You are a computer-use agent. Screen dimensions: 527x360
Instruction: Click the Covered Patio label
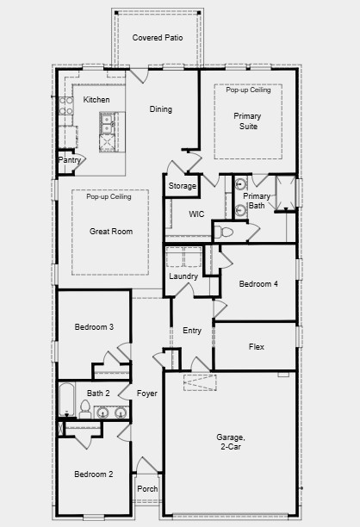(x=158, y=38)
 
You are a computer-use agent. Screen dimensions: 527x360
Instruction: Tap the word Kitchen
(x=96, y=101)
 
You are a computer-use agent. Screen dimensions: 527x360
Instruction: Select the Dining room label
(x=161, y=109)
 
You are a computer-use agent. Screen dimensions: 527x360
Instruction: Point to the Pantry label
(x=69, y=160)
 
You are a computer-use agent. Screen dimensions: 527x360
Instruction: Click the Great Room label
(x=111, y=232)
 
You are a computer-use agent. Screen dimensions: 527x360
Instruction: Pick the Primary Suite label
(x=248, y=121)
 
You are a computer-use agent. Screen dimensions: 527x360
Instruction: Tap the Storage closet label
(x=182, y=186)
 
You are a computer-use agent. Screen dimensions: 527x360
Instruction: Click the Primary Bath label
(x=257, y=201)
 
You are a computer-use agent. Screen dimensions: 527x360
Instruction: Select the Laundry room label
(x=183, y=276)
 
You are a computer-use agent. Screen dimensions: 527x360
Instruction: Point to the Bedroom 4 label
(x=258, y=283)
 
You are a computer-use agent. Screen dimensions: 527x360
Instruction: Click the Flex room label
(x=256, y=347)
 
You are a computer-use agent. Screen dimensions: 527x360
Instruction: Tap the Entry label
(x=192, y=331)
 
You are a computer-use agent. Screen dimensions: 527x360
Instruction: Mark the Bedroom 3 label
(x=94, y=326)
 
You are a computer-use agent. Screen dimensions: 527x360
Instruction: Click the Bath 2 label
(x=97, y=394)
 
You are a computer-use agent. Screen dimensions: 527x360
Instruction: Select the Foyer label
(x=146, y=394)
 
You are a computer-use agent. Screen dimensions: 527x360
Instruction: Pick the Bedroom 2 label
(x=93, y=474)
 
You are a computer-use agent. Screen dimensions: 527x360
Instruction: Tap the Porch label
(x=147, y=488)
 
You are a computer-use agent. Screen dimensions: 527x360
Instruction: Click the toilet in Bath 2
(x=85, y=407)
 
